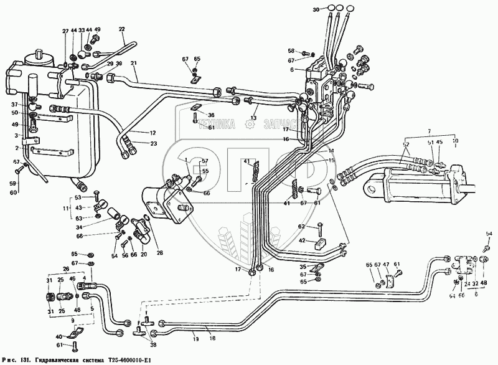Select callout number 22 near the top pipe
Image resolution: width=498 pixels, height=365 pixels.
point(121,29)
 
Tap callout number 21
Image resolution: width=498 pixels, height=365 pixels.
point(133,64)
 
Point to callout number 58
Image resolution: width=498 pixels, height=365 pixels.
point(291,50)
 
